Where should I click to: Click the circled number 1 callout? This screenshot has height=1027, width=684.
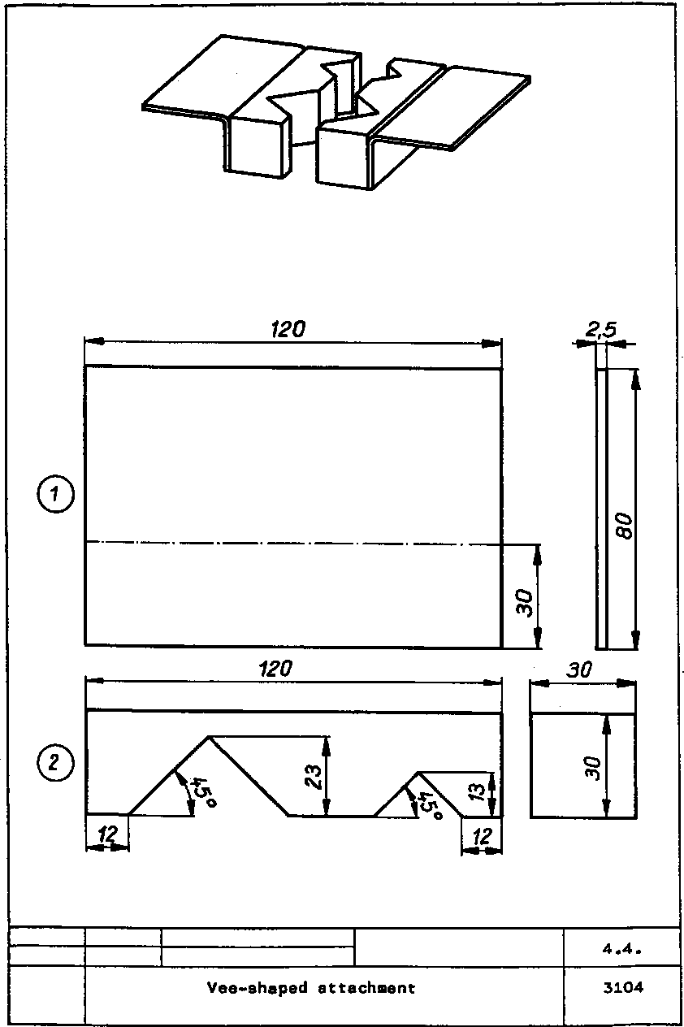pyautogui.click(x=54, y=494)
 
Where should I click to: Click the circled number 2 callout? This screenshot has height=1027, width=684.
pyautogui.click(x=54, y=762)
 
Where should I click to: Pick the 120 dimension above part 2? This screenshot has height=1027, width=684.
pyautogui.click(x=276, y=669)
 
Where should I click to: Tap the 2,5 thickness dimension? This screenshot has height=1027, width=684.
pyautogui.click(x=601, y=329)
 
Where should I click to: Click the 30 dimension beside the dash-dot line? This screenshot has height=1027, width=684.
pyautogui.click(x=525, y=603)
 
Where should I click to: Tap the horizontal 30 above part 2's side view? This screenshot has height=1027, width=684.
pyautogui.click(x=580, y=670)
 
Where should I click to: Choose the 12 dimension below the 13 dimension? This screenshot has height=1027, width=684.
pyautogui.click(x=482, y=835)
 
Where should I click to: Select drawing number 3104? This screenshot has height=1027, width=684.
pyautogui.click(x=623, y=989)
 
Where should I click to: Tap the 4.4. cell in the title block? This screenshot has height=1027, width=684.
pyautogui.click(x=623, y=948)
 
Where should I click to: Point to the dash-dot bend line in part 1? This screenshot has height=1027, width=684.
pyautogui.click(x=292, y=543)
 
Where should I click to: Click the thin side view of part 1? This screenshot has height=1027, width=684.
pyautogui.click(x=602, y=508)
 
